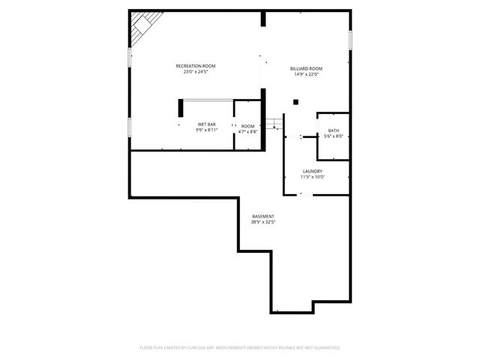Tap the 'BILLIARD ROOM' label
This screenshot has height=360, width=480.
point(306,69)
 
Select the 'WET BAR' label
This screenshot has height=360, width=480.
point(207,124)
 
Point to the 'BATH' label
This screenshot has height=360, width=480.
point(333,130)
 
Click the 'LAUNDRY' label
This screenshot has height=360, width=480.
point(312,171)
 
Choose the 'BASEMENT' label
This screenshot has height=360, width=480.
point(262,216)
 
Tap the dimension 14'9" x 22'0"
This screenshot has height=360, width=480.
point(306,74)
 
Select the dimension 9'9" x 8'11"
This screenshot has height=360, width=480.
point(207,130)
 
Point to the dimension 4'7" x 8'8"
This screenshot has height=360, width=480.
point(247,131)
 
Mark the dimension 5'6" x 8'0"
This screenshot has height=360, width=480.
point(333,136)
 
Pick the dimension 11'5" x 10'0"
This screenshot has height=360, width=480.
point(312,177)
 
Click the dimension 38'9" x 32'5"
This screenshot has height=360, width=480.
point(262,222)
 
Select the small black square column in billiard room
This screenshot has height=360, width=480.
point(296,102)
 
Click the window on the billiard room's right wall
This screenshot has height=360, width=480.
point(349,43)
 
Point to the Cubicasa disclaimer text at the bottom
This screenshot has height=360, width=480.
point(240,347)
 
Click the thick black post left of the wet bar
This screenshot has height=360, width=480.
point(181,108)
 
